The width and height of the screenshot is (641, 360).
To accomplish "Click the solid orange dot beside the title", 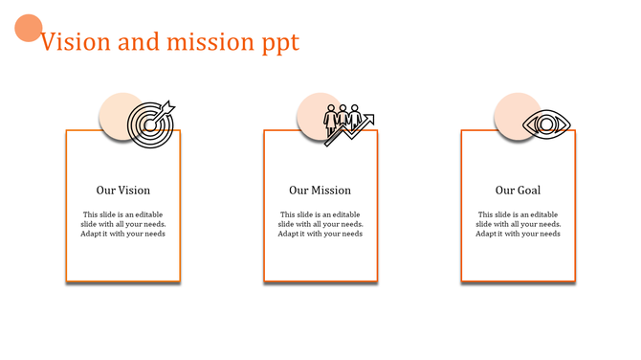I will pos(29,29).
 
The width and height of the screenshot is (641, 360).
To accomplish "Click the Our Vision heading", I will pos(123,191).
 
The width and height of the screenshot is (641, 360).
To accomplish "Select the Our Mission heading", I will pos(320,191).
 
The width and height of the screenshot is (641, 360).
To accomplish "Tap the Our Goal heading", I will pos(518,191).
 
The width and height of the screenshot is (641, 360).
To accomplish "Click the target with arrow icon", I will pos(151,124).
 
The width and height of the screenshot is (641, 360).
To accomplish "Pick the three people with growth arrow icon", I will pos(346,124).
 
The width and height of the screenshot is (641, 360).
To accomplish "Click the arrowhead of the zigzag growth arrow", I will pos(368,120).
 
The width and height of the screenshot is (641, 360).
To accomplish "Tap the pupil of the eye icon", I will pos(546,124).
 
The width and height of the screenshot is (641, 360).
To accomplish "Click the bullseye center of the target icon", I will pos(148,126).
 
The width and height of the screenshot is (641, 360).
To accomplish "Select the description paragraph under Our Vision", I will pos(123,224).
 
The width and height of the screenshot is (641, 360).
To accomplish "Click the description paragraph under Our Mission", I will pos(320,224).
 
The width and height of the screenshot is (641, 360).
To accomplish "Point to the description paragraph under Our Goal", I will pos(518,224).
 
